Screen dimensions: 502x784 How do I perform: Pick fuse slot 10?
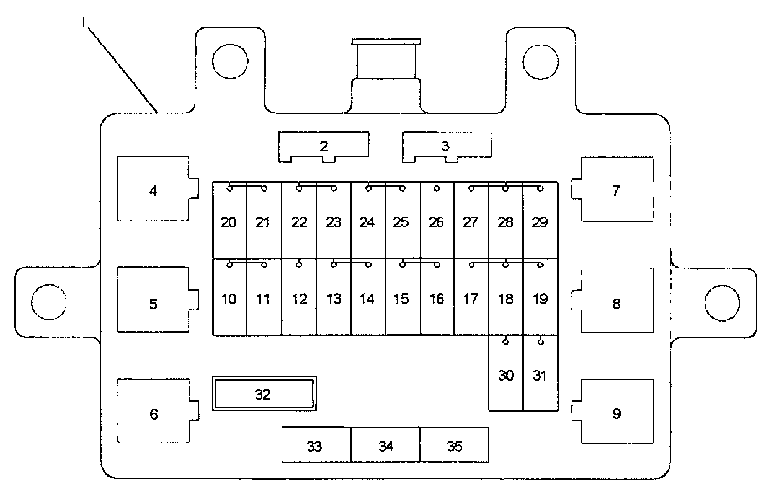pyautogui.click(x=229, y=299)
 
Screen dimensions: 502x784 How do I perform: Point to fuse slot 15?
pyautogui.click(x=402, y=299)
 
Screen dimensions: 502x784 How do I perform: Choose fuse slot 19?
pyautogui.click(x=540, y=299)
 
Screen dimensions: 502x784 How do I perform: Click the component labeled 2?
pyautogui.click(x=324, y=146)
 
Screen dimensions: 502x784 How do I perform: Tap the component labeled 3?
pyautogui.click(x=445, y=146)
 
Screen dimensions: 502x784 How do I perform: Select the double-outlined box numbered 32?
pyautogui.click(x=264, y=394)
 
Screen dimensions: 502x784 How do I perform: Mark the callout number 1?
pyautogui.click(x=82, y=22)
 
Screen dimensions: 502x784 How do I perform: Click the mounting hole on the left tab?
pyautogui.click(x=48, y=302)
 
